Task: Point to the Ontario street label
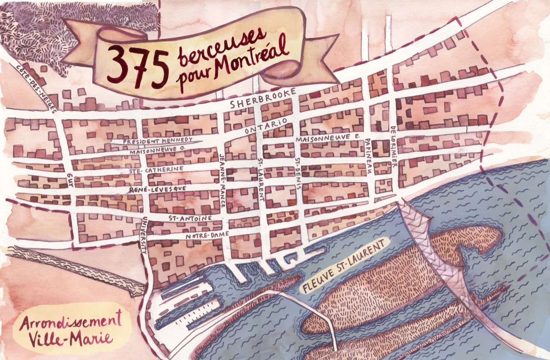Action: tap(266, 126)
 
